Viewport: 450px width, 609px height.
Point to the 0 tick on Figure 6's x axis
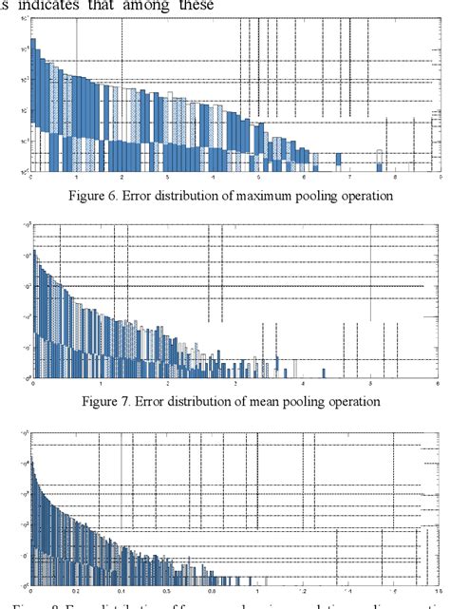pyautogui.click(x=31, y=178)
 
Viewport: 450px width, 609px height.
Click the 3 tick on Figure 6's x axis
pyautogui.click(x=167, y=178)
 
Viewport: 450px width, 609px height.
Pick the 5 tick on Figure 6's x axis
pyautogui.click(x=258, y=178)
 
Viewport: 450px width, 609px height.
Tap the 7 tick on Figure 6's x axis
pyautogui.click(x=349, y=178)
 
